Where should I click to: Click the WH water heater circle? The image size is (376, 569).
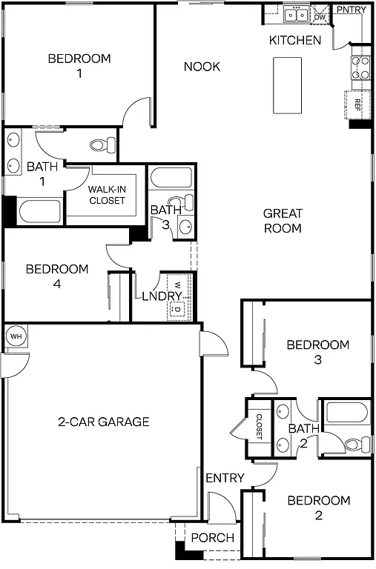tap(15, 336)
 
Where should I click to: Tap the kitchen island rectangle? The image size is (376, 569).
tap(287, 85)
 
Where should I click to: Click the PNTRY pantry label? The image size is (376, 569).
tap(351, 10)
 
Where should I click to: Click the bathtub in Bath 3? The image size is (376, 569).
tap(171, 179)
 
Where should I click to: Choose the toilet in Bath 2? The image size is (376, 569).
tap(359, 444)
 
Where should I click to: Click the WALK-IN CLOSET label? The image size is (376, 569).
tap(107, 195)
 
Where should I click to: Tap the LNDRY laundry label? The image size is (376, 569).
tap(162, 296)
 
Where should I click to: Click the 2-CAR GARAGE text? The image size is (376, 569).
tap(104, 422)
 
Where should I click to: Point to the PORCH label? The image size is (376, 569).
tap(213, 538)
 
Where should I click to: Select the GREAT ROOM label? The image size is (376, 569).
tap(283, 221)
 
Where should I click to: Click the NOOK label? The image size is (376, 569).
tap(202, 67)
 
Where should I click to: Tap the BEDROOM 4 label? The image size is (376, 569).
tap(56, 276)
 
